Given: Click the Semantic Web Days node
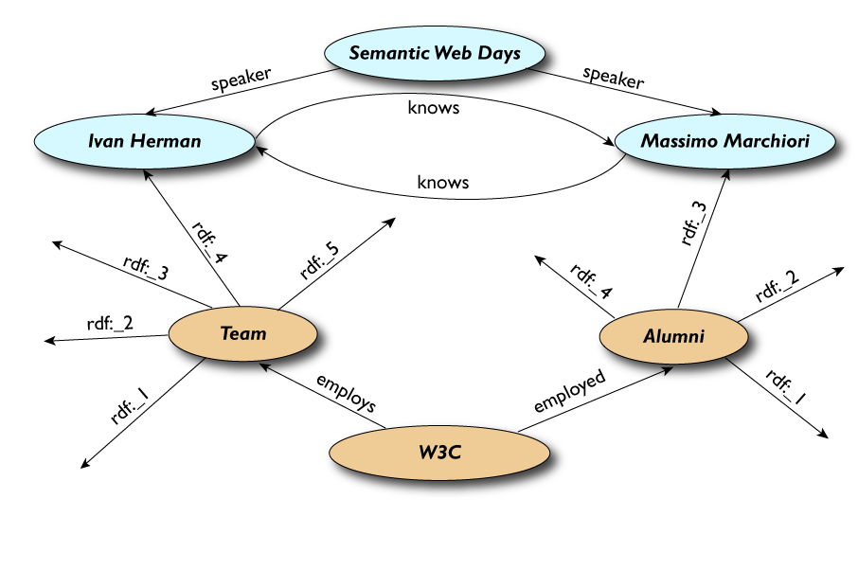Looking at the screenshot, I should point(435,53).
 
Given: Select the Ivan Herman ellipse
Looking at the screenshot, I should point(144,142).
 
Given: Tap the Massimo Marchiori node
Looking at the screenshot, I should point(724,141).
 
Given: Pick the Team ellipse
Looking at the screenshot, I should point(242,333).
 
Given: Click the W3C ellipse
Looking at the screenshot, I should point(438,452).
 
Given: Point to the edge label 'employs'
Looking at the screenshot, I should point(347,393).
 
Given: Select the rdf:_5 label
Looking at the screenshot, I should point(320,260).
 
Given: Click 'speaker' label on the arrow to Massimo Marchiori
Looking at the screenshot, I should point(613,78).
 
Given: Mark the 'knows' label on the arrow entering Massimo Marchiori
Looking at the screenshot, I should point(433,108).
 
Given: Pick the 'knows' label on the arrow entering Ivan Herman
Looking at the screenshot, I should point(443,182).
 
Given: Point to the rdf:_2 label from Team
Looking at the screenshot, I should point(110,323).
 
